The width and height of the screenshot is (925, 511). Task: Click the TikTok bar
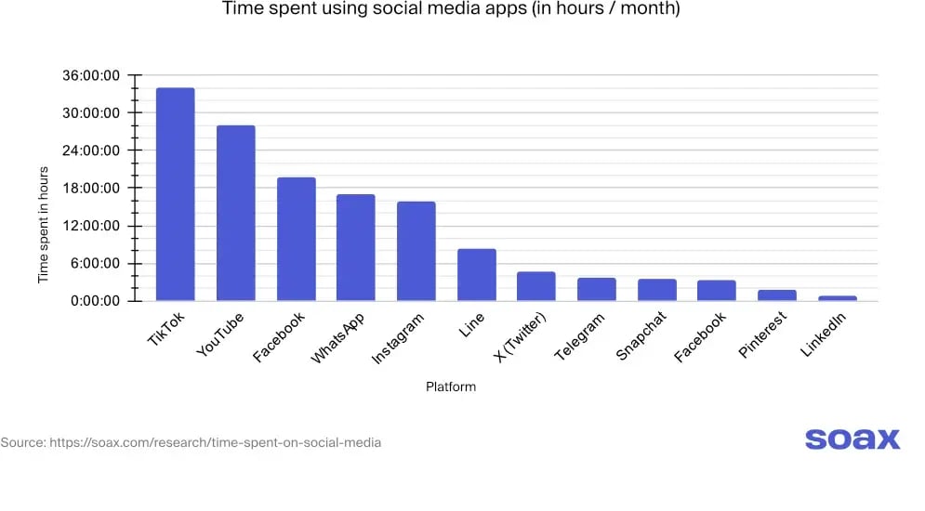(x=175, y=194)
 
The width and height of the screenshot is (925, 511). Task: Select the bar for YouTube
(x=235, y=213)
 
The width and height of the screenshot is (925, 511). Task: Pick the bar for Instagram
(x=416, y=251)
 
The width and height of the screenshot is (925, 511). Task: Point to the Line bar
(x=476, y=275)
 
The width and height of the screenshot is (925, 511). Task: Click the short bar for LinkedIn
(x=837, y=298)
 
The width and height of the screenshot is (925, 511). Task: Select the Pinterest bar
(x=776, y=295)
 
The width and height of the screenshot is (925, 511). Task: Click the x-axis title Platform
(x=451, y=387)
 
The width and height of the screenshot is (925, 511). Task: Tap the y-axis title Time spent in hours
(x=43, y=225)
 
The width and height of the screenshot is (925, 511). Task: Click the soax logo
(x=852, y=439)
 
